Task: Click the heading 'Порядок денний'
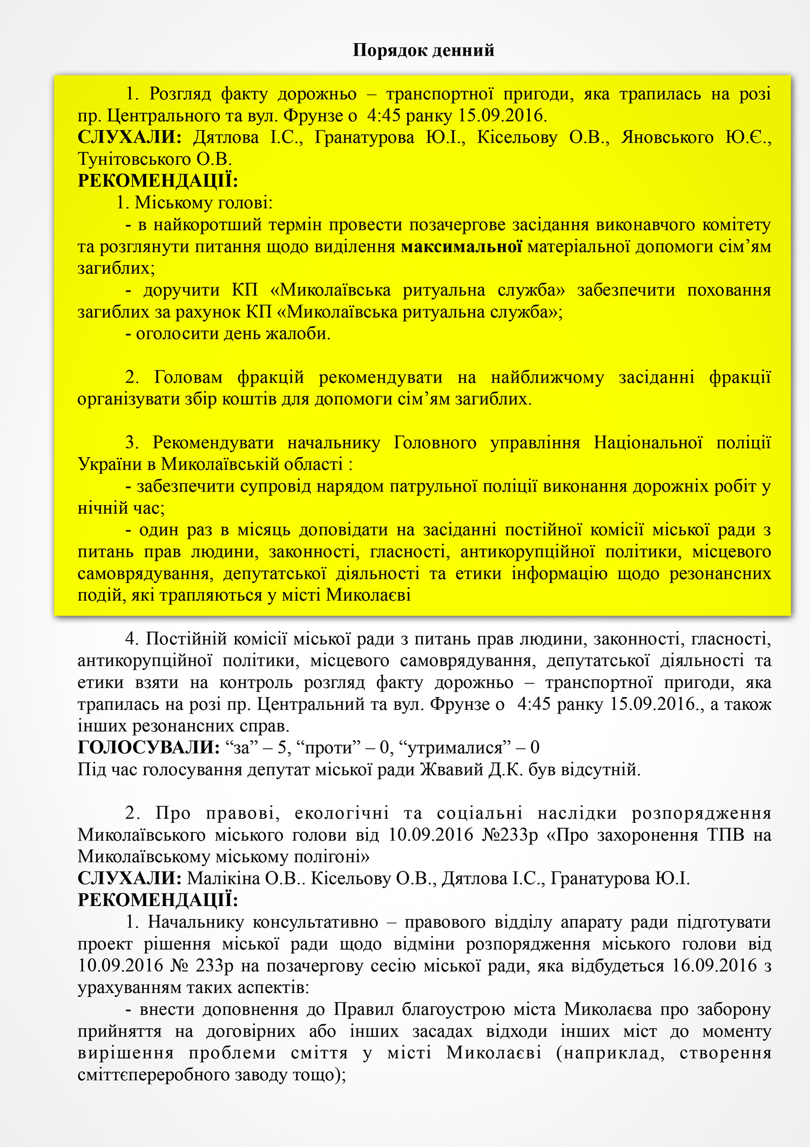click(423, 50)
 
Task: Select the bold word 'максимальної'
click(461, 247)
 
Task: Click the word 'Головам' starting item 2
click(188, 378)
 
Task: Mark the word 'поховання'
click(728, 291)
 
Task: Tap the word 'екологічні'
click(342, 813)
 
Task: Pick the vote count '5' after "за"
click(281, 748)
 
